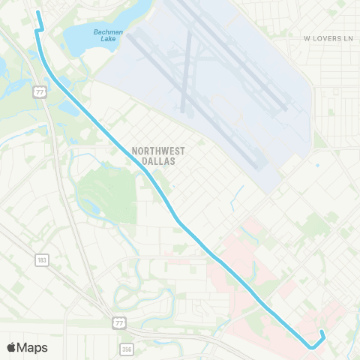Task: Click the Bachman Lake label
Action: click(x=108, y=35)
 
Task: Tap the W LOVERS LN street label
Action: click(x=328, y=37)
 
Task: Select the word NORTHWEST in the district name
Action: click(x=157, y=149)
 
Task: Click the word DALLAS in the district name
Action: click(x=157, y=159)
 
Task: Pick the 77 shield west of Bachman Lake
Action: click(x=39, y=91)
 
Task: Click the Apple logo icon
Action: click(x=11, y=347)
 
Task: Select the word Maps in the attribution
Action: click(x=33, y=347)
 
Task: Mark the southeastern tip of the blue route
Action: click(x=321, y=331)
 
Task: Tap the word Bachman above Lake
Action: click(x=108, y=31)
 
